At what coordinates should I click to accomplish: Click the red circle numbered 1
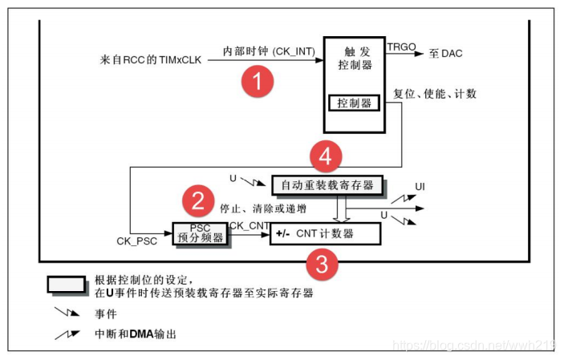pyautogui.click(x=258, y=79)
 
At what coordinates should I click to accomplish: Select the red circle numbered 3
pyautogui.click(x=322, y=265)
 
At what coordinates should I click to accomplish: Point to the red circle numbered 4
pyautogui.click(x=325, y=156)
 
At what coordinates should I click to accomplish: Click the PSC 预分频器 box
pyautogui.click(x=200, y=233)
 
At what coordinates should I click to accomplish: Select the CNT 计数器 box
pyautogui.click(x=324, y=234)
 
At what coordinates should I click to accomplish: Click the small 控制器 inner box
pyautogui.click(x=353, y=103)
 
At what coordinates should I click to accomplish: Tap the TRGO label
pyautogui.click(x=401, y=47)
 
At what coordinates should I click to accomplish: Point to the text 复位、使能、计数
pyautogui.click(x=434, y=94)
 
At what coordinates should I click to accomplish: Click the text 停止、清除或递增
pyautogui.click(x=262, y=209)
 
